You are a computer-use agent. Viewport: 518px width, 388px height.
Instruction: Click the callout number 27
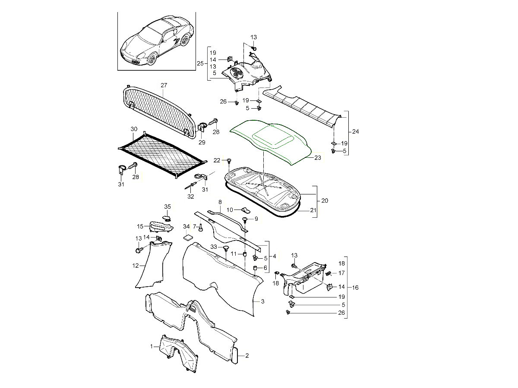click(x=164, y=85)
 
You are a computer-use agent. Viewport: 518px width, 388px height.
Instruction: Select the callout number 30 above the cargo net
click(x=134, y=129)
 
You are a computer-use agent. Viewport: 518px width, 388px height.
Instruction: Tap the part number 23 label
click(x=318, y=158)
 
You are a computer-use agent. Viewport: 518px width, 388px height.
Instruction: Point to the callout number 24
click(x=355, y=131)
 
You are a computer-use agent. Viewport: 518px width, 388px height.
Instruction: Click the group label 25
click(x=200, y=63)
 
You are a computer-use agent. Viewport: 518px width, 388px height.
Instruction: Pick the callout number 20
click(x=325, y=201)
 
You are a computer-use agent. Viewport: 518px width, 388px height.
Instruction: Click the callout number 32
click(x=190, y=196)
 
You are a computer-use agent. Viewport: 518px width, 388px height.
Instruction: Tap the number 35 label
click(x=167, y=207)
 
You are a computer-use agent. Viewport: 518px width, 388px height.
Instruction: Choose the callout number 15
click(x=140, y=226)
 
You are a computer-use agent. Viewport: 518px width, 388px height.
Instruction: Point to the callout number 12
click(x=136, y=266)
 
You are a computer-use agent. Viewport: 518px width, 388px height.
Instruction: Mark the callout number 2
click(x=247, y=356)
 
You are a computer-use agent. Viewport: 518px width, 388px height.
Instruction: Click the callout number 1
click(x=152, y=346)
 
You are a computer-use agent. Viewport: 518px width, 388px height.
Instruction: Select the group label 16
click(x=355, y=287)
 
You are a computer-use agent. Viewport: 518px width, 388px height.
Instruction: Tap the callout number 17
click(x=341, y=273)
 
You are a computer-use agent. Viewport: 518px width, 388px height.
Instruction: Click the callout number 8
click(x=220, y=202)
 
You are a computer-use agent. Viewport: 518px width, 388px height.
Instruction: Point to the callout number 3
click(x=262, y=301)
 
